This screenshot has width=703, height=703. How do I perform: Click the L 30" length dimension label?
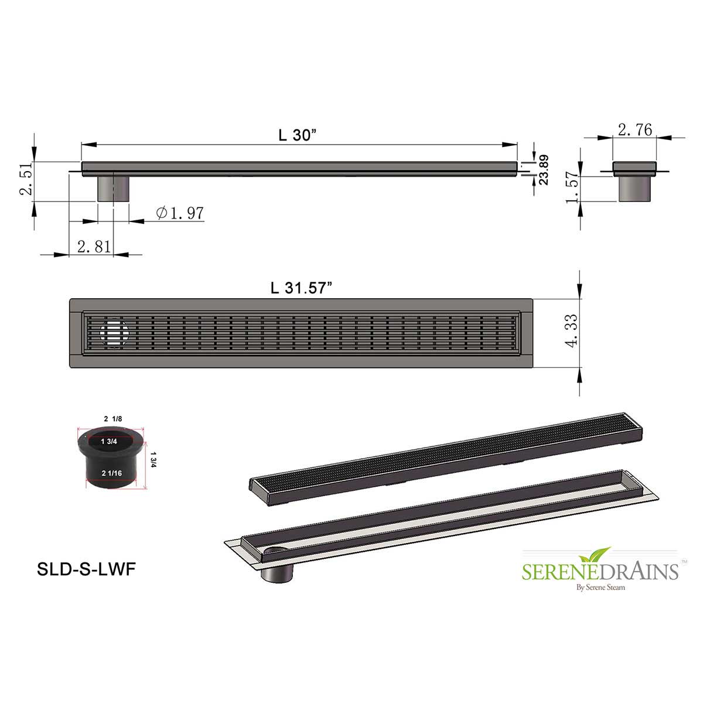[x=297, y=135]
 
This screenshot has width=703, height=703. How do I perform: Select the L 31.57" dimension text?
[x=302, y=288]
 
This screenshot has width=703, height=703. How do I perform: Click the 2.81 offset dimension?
[x=94, y=247]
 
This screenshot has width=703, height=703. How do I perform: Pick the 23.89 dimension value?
[x=543, y=170]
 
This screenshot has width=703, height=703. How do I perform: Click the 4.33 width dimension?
[x=572, y=331]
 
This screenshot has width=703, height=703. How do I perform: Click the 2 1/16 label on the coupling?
[x=112, y=473]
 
